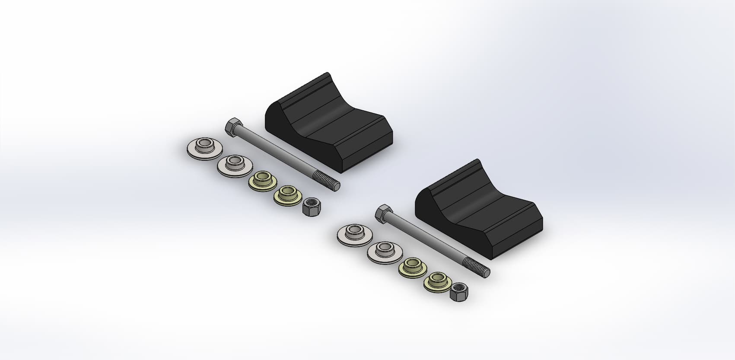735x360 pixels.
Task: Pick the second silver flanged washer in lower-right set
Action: tap(383, 251)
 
